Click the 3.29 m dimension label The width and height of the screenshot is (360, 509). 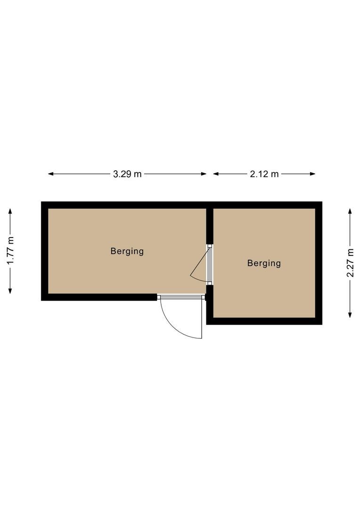127,174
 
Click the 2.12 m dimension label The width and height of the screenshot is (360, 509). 264,174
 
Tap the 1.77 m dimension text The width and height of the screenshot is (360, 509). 10,251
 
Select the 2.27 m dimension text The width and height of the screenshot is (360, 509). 350,263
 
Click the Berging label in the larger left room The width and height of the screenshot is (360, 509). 127,251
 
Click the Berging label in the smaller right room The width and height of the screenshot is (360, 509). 264,263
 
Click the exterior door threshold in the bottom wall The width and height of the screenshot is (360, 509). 181,297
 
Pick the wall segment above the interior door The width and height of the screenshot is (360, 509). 210,226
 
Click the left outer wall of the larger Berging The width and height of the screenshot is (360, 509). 45,251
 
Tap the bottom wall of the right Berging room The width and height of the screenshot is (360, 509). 264,321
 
